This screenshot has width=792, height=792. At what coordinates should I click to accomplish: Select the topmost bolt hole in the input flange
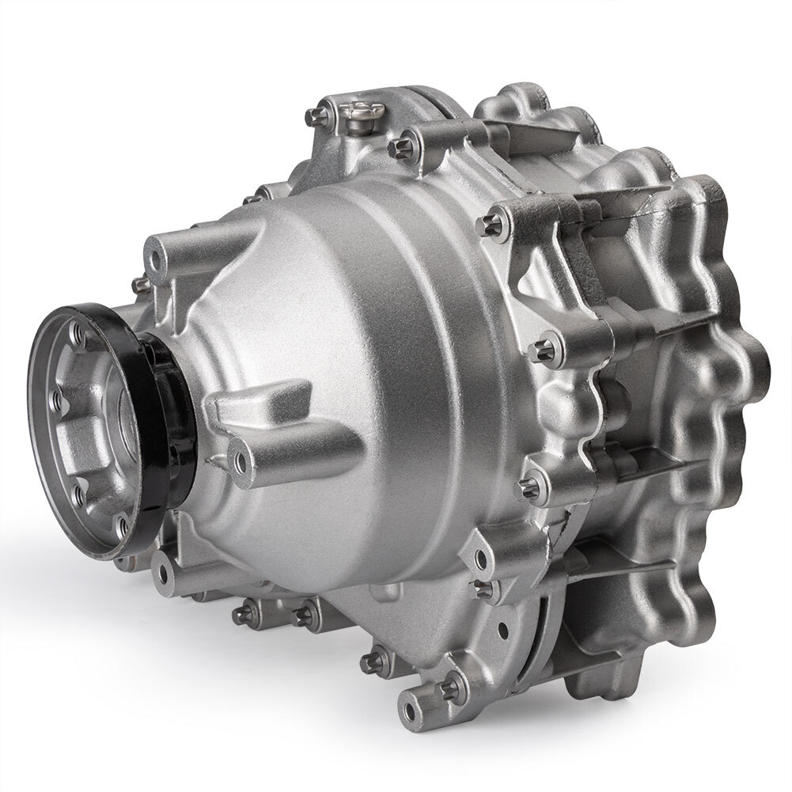(77, 335)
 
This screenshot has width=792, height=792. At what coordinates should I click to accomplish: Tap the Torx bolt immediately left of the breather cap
(316, 118)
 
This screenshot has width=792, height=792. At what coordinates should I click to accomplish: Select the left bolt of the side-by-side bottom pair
(244, 612)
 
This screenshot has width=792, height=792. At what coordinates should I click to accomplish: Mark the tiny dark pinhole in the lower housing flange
(502, 631)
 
